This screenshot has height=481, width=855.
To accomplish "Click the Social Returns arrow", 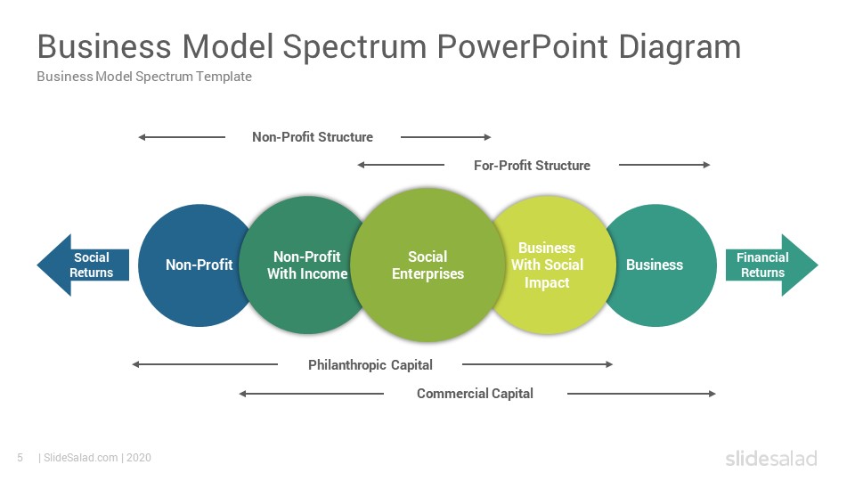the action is (83, 265).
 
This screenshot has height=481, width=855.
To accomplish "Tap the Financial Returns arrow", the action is (771, 265).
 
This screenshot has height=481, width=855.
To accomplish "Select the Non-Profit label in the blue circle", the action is (199, 265).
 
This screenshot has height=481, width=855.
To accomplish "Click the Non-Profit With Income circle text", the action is (307, 265).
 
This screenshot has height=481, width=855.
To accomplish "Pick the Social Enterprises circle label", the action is (427, 265).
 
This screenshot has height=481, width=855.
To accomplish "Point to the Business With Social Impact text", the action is (547, 265).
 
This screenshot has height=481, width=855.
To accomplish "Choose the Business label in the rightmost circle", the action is (655, 265).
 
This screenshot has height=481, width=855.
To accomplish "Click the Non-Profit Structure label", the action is (313, 137).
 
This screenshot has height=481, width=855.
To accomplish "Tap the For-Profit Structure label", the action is (532, 166).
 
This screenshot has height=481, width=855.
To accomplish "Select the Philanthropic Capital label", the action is (370, 365).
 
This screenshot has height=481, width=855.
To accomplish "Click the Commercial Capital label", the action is (475, 393).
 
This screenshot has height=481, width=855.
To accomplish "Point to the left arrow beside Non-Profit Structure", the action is (182, 137).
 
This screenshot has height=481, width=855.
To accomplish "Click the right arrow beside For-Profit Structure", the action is (664, 165).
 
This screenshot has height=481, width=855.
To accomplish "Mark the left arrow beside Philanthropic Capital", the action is (205, 364).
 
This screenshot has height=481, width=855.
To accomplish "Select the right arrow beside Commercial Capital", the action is (641, 393).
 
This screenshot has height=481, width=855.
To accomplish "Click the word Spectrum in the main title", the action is (354, 48).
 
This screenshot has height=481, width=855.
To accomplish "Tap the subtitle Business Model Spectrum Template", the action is (144, 77).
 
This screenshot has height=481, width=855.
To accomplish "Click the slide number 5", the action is (20, 458).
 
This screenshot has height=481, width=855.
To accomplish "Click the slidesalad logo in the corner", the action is (771, 458).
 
